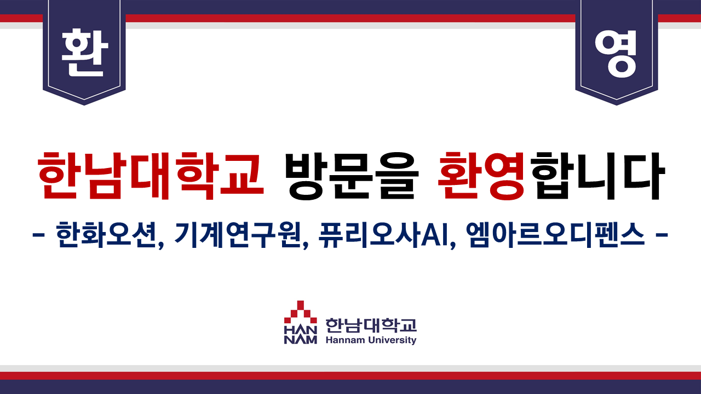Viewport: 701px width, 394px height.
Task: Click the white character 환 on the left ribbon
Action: pyautogui.click(x=85, y=53)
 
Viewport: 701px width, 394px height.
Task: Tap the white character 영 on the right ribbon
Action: pyautogui.click(x=616, y=54)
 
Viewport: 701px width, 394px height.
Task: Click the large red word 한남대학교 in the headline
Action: pyautogui.click(x=150, y=176)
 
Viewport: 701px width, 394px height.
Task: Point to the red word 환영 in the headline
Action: pyautogui.click(x=481, y=176)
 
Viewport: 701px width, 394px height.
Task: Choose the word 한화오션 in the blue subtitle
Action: pyautogui.click(x=106, y=235)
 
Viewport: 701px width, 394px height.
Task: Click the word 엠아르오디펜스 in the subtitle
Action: pyautogui.click(x=555, y=235)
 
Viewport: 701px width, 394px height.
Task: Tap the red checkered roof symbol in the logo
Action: pyautogui.click(x=301, y=312)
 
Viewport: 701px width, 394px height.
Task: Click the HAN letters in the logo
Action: pyautogui.click(x=301, y=330)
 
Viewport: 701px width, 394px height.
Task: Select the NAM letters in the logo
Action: pyautogui.click(x=301, y=340)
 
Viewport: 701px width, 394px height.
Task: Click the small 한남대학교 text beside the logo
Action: pyautogui.click(x=371, y=326)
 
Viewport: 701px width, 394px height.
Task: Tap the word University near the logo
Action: pyautogui.click(x=393, y=340)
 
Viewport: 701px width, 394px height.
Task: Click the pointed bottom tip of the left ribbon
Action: pyautogui.click(x=84, y=105)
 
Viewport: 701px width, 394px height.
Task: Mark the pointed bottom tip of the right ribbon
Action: pyautogui.click(x=617, y=105)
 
